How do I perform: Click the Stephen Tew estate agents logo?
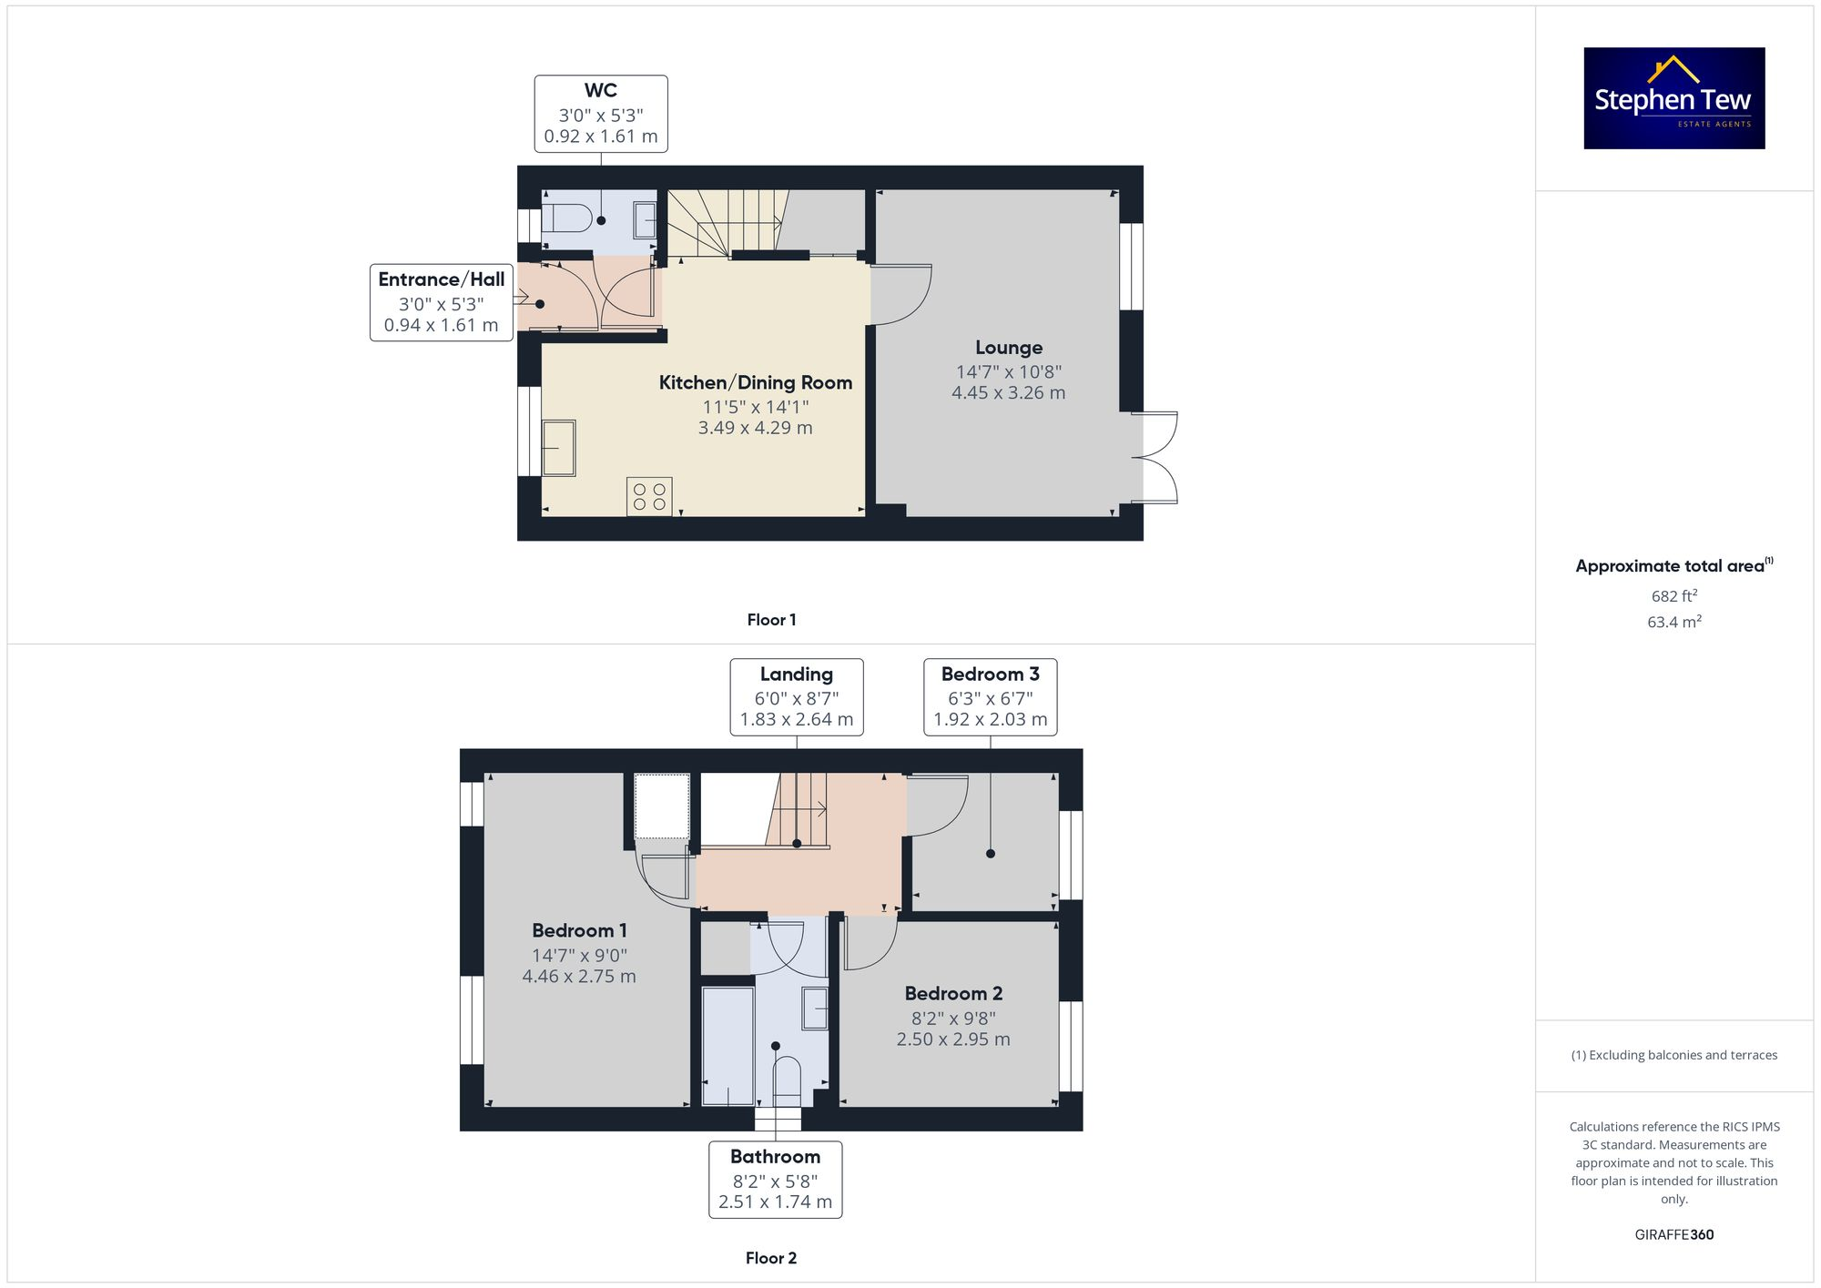[1673, 98]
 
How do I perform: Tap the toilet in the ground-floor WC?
[565, 218]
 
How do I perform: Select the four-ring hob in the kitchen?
[649, 497]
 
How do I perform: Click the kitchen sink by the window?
[559, 448]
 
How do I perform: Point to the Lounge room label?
[1009, 348]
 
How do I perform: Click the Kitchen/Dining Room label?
[756, 383]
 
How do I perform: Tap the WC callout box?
[601, 114]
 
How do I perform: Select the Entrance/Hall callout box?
[442, 302]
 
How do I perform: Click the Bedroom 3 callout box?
[990, 696]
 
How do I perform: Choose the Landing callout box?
[797, 696]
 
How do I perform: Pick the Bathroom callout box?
[776, 1179]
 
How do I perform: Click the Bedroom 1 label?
[579, 930]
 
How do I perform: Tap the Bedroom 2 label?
[953, 993]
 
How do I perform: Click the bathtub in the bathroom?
[727, 1045]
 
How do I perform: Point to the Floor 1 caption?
[771, 620]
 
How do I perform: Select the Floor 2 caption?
[770, 1258]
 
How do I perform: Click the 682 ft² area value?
[1673, 596]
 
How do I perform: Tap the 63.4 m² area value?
[1673, 623]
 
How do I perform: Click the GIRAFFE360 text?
[1673, 1235]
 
